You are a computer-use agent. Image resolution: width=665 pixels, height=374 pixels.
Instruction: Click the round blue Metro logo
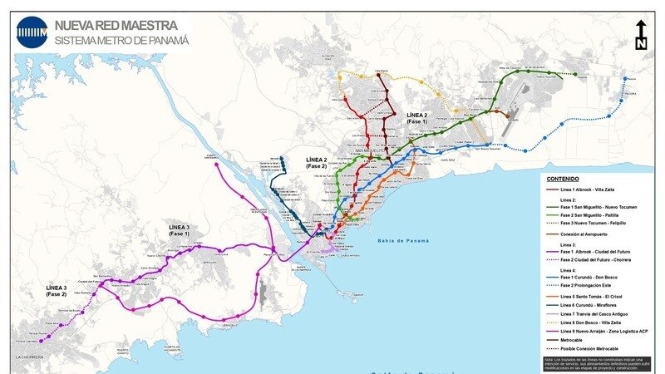[x=32, y=32]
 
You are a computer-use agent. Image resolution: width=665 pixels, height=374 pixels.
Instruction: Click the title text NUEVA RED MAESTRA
[x=116, y=25]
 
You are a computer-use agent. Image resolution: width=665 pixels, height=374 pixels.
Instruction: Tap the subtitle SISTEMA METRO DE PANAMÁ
[x=121, y=40]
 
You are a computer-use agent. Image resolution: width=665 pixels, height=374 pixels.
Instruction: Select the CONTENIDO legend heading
[x=563, y=179]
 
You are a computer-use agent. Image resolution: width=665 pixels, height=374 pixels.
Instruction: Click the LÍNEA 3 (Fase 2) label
[x=57, y=290]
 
